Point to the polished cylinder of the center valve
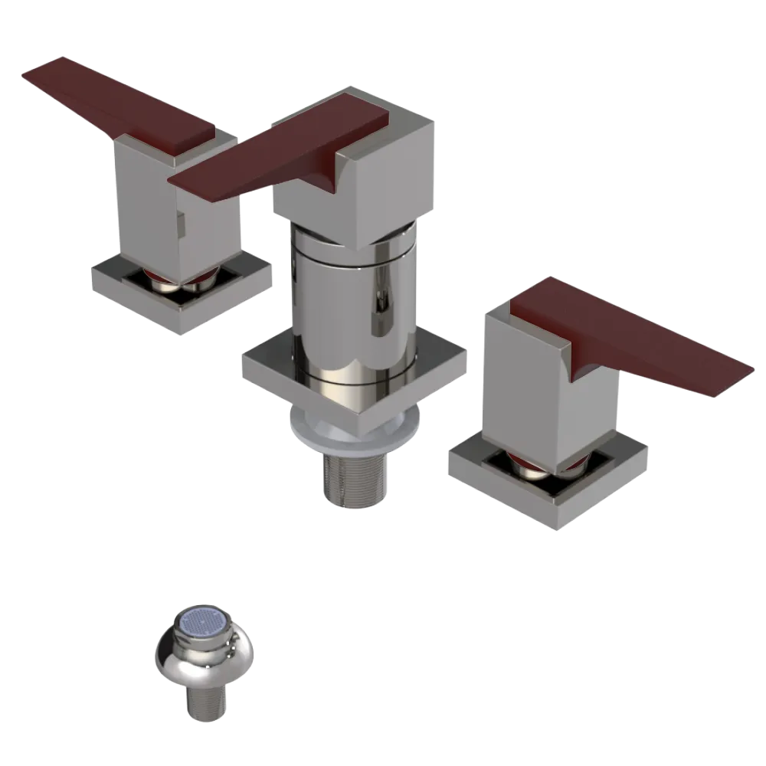point(352,299)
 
